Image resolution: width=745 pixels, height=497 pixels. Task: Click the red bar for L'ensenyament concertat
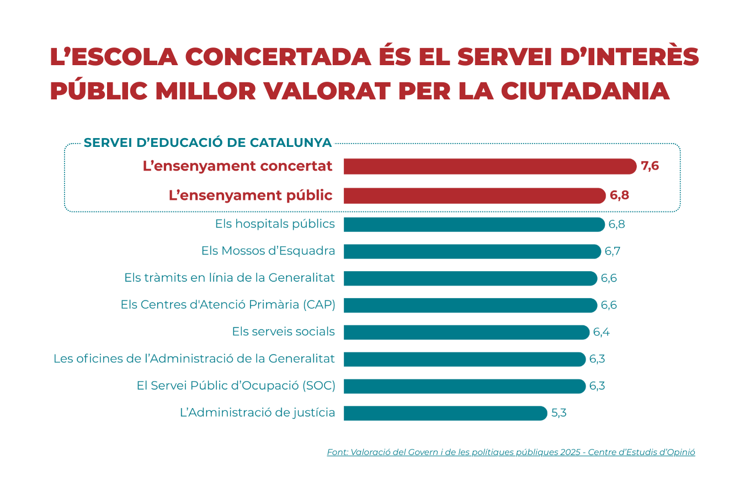pos(490,166)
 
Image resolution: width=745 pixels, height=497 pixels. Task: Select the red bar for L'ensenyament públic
pos(475,195)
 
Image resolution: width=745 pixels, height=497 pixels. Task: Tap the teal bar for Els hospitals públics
pos(474,224)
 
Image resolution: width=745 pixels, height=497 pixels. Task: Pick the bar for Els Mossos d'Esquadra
pos(472,251)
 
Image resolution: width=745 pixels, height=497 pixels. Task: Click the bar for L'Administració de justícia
pos(445,413)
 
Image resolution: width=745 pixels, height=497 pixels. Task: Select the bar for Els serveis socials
pos(466,332)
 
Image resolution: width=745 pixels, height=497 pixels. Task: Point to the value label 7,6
pos(650,166)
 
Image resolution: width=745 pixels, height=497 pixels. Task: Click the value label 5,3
pos(559,413)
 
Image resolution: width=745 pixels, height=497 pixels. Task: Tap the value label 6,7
pos(613,251)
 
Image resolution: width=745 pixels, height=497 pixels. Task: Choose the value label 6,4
pos(602,332)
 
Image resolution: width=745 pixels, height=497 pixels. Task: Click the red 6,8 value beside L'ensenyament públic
pos(619,195)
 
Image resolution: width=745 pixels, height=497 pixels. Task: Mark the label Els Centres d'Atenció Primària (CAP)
pos(228,305)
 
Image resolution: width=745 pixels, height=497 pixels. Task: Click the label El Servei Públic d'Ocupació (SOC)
pos(236,385)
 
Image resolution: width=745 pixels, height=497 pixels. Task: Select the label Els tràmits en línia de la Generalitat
pos(230,278)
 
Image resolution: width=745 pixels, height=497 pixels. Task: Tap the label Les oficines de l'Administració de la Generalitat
pos(194,359)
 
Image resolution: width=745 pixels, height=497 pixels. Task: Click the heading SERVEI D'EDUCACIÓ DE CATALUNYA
pos(207,142)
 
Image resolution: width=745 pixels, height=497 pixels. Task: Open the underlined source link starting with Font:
pos(511,452)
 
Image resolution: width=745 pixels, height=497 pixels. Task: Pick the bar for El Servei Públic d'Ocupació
pos(464,386)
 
